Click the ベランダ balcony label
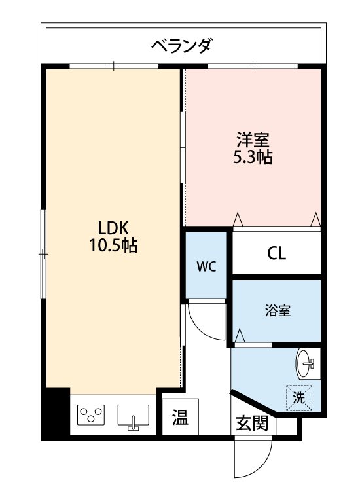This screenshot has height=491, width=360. point(183,46)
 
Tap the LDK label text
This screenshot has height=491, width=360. point(113,228)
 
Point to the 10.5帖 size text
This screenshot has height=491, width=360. point(114,245)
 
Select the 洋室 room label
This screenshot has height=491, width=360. point(253,139)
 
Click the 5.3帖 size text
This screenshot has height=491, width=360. point(253,157)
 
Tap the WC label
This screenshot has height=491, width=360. point(206,267)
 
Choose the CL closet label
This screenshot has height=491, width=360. point(276,253)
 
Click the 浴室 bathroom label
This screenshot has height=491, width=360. point(278,310)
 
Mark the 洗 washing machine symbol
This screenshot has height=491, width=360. point(299,397)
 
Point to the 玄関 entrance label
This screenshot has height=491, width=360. point(252,424)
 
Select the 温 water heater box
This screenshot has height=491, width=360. point(180,417)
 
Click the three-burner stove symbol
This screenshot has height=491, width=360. point(91,415)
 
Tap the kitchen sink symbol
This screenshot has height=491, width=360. point(134,417)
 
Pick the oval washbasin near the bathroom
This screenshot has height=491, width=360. point(305,363)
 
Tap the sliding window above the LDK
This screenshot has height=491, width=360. point(114,66)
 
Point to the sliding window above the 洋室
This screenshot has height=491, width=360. point(253,66)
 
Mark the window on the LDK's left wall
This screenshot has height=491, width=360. point(43,254)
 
